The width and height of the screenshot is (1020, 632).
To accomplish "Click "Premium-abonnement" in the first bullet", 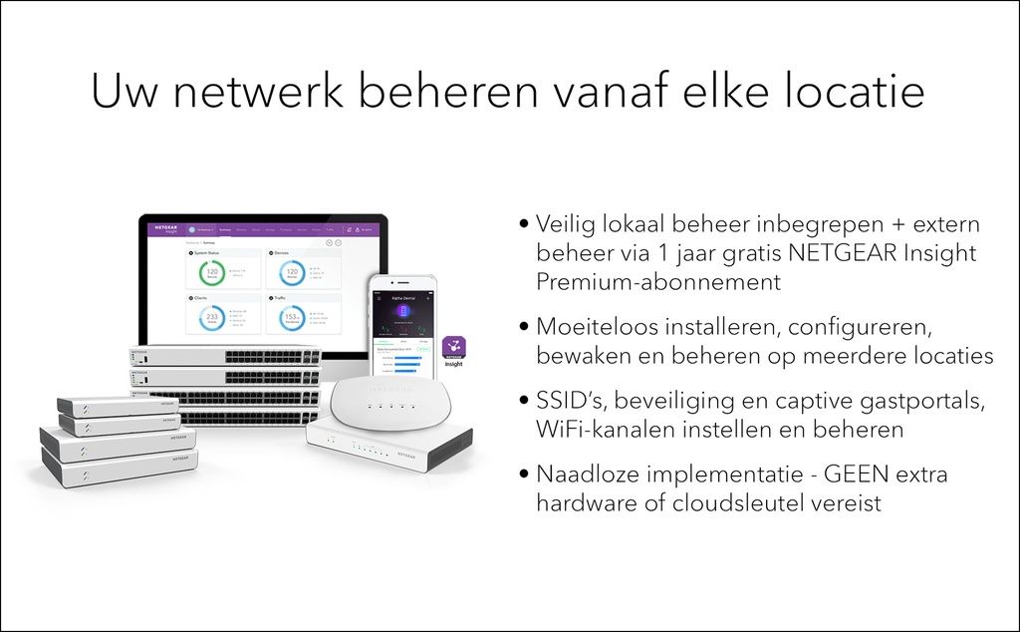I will point(658,281).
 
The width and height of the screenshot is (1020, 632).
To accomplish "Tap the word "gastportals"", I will point(912,401).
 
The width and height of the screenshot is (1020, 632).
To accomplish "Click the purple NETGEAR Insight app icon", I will point(453,351).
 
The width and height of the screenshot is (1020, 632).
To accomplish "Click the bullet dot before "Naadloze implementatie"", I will point(525,475).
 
